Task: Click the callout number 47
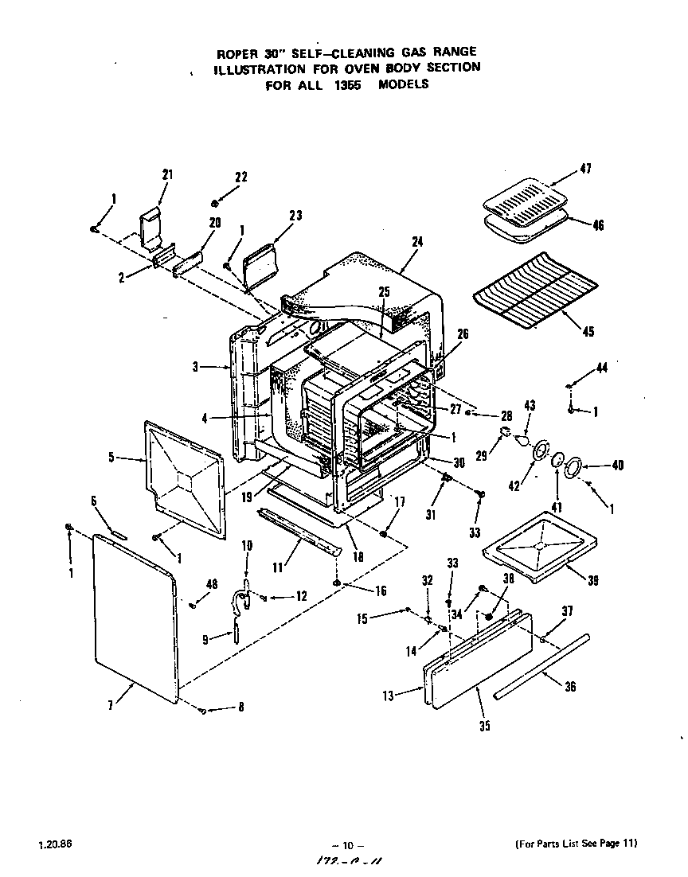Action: pos(585,169)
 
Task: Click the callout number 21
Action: pos(167,175)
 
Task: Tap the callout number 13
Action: pos(388,696)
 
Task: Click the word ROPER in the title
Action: pos(237,53)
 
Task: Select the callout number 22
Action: pos(241,177)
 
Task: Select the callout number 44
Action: pos(601,367)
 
